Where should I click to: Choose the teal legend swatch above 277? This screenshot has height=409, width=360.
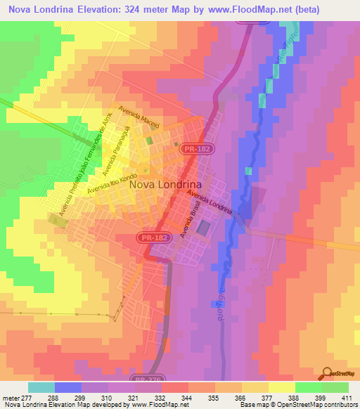point(41,387)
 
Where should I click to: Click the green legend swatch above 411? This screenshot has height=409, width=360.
point(335,387)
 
